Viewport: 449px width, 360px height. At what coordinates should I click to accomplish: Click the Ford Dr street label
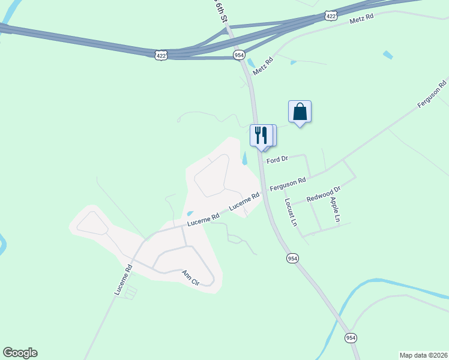pos(277,160)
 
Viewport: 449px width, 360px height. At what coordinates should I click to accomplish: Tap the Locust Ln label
pos(291,212)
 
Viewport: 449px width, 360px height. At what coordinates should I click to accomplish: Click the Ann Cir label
pos(191,278)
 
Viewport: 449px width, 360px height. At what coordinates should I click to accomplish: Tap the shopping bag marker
pos(300,112)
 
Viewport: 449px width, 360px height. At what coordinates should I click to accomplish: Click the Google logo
pos(20,353)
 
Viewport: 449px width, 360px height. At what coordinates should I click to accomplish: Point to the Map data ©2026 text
pos(423,355)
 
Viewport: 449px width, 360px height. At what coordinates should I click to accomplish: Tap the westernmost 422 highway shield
pos(161,55)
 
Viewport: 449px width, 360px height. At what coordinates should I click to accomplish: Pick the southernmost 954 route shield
pos(351,338)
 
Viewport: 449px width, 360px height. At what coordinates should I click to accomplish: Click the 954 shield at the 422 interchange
pos(240,55)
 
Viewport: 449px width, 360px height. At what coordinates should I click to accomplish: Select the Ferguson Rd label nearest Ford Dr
pos(288,184)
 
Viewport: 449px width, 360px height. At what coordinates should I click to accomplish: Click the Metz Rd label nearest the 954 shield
pos(263,67)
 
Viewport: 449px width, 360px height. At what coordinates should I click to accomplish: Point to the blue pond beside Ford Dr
pos(244,159)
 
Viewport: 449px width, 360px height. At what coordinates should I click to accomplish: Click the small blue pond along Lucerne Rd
pos(190,213)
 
